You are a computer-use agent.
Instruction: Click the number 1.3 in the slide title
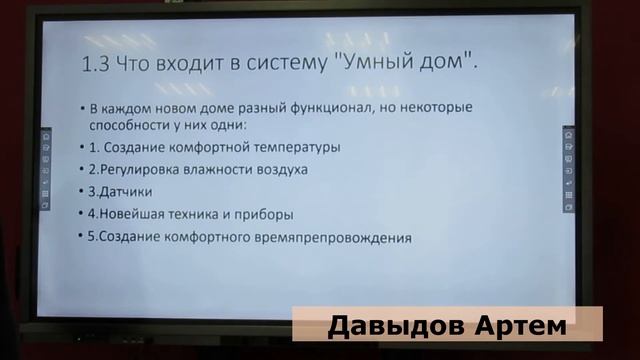pos(98,65)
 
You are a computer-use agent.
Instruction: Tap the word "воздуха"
pos(282,169)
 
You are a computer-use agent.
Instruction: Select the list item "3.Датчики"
pos(115,191)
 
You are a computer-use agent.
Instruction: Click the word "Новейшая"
pos(125,214)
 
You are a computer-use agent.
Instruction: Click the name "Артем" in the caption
pos(521,326)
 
